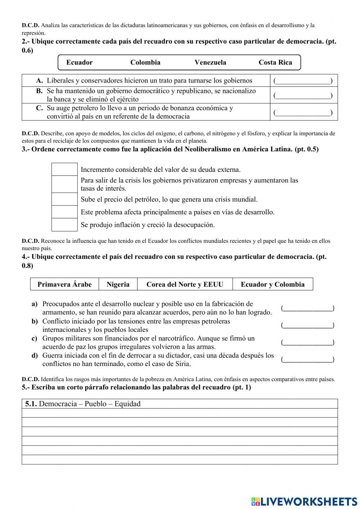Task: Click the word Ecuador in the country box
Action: [x=79, y=63]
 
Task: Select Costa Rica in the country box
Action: [x=275, y=63]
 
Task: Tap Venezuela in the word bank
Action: [x=210, y=63]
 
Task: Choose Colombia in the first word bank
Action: [x=145, y=63]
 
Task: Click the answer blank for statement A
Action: [x=303, y=81]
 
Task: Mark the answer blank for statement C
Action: [x=303, y=113]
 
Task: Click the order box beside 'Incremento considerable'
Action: [x=64, y=169]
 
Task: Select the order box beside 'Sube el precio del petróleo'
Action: [x=64, y=199]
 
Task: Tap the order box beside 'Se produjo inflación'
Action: [x=64, y=225]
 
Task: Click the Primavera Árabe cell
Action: [x=64, y=284]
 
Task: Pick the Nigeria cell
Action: [x=118, y=284]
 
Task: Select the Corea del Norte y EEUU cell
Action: [x=185, y=284]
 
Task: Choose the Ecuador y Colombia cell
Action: [x=273, y=284]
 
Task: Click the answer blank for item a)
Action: [x=307, y=308]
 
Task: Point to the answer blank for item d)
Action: [x=307, y=360]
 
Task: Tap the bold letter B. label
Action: [x=39, y=91]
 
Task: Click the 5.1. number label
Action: [x=31, y=404]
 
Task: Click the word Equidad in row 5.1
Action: [x=127, y=404]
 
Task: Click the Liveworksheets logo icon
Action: [x=255, y=501]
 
